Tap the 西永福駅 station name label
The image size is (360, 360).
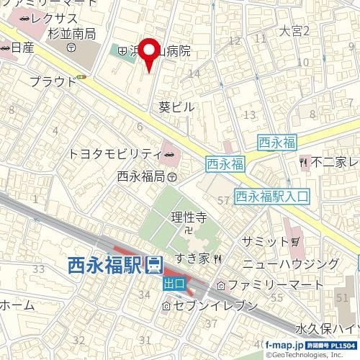point(105,266)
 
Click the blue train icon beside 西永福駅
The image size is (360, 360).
point(153,265)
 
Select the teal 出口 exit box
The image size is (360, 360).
point(174,284)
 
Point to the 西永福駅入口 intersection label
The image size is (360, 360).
point(272,194)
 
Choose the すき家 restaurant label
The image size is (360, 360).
point(197,258)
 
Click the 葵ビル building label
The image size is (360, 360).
point(176,106)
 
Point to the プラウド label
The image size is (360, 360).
point(53,81)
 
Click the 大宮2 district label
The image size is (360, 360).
point(294,31)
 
